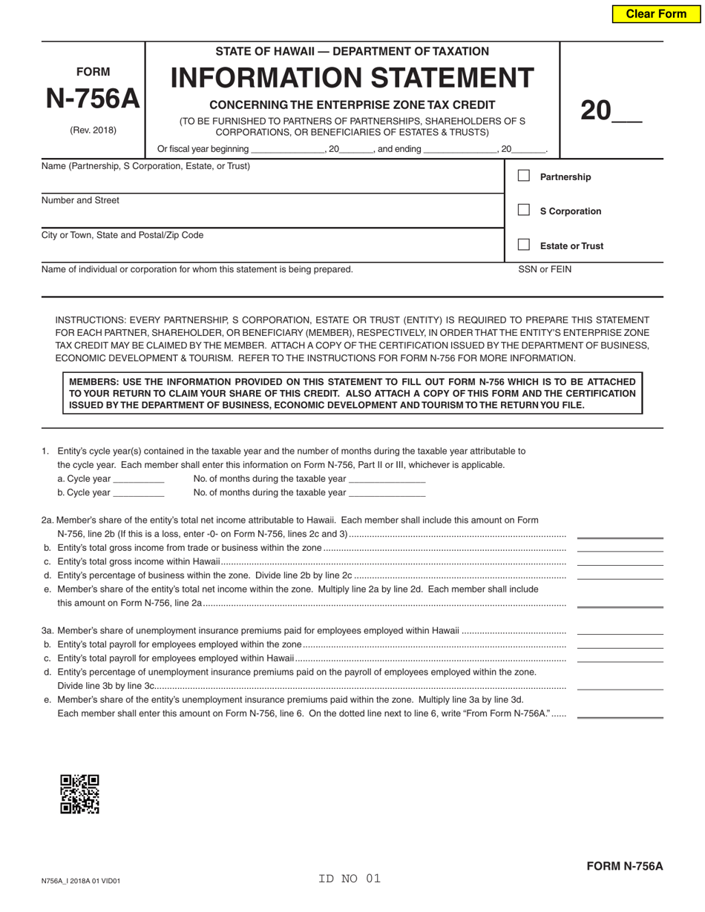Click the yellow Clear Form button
coord(656,14)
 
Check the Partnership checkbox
coord(524,176)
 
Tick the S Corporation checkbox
coord(524,210)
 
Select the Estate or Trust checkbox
coord(524,245)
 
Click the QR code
coord(79,794)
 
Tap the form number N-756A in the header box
coord(93,99)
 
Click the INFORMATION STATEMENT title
coord(352,78)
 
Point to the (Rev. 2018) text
coord(93,130)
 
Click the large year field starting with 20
coord(610,111)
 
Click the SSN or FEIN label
coord(545,269)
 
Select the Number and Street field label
coord(80,200)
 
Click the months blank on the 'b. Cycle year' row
coord(387,493)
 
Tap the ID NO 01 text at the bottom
coord(349,879)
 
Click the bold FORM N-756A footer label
coord(624,866)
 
